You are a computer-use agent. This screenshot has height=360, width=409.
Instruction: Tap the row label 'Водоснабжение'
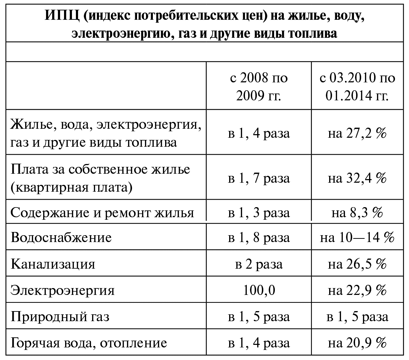point(61,238)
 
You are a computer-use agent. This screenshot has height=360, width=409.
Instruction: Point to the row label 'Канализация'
point(53,264)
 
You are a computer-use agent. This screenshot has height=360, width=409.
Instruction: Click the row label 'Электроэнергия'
point(63,291)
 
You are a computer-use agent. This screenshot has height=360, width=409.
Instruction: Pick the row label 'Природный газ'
point(60,317)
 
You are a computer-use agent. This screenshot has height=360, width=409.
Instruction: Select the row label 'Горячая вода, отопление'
point(89,343)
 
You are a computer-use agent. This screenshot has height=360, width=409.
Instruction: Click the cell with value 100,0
point(259,291)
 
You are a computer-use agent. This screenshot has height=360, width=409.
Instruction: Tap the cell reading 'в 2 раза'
point(259,264)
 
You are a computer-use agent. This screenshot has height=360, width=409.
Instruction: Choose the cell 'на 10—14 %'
point(357,238)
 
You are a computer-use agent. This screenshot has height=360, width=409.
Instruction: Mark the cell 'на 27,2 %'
point(357,134)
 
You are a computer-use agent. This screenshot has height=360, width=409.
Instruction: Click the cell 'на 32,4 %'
point(357,178)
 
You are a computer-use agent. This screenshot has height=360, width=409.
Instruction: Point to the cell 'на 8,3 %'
point(357,213)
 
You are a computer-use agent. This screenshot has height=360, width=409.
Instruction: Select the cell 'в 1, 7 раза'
point(259,178)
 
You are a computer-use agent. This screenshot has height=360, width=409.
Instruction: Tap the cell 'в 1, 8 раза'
point(259,238)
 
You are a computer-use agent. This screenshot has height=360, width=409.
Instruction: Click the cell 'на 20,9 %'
point(357,343)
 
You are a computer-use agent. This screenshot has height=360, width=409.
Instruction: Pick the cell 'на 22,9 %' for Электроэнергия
point(357,291)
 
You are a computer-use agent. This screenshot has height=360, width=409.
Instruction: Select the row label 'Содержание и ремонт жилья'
point(102,213)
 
